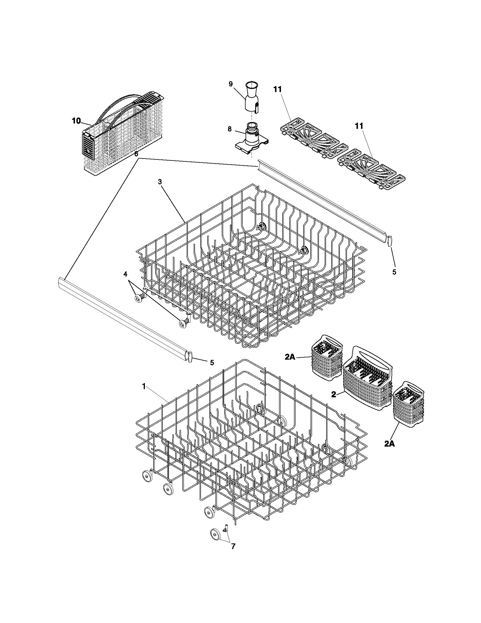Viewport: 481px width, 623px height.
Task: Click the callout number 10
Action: click(x=76, y=121)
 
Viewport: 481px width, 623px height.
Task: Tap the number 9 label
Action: click(x=230, y=84)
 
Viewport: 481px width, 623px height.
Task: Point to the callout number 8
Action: click(x=230, y=129)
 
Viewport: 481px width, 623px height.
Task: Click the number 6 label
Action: click(x=136, y=154)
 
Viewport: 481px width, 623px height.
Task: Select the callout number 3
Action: click(x=160, y=182)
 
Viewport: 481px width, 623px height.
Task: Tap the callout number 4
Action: click(x=125, y=274)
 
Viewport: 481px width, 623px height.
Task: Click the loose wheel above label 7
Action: click(x=216, y=533)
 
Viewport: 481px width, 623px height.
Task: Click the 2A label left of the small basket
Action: click(x=290, y=357)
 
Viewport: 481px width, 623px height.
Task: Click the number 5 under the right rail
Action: click(x=394, y=272)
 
